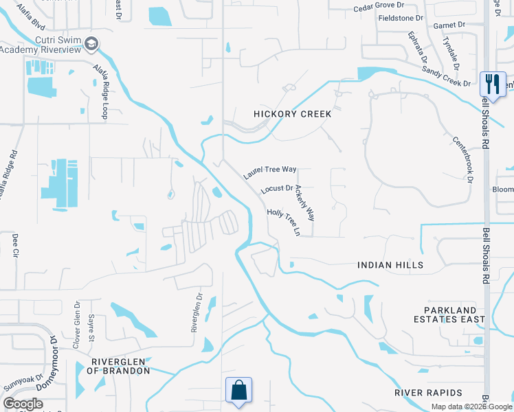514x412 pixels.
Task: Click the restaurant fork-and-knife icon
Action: (493, 83)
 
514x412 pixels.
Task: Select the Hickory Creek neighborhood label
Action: (292, 114)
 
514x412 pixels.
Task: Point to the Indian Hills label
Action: (390, 264)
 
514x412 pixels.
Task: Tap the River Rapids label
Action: (428, 393)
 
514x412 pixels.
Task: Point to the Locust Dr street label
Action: (277, 188)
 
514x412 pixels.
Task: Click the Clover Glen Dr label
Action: (76, 323)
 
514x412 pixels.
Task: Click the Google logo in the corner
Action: (23, 403)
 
